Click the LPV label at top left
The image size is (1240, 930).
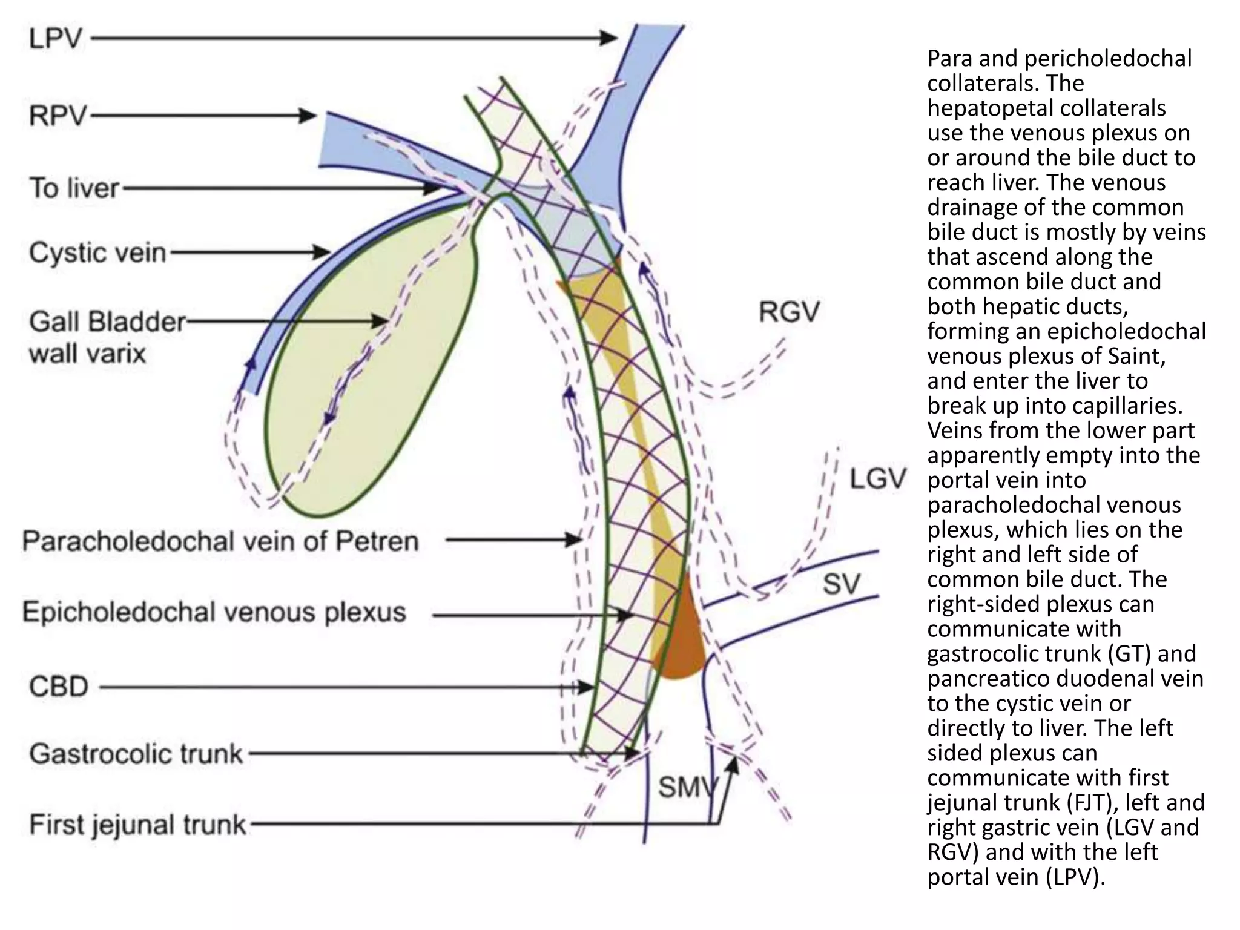coord(55,39)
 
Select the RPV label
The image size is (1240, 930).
coord(58,115)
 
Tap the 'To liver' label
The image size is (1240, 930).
coord(74,188)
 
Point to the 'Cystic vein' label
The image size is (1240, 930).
coord(97,252)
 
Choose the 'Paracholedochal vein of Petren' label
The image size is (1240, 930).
coord(220,541)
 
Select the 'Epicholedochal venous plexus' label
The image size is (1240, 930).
coord(214,612)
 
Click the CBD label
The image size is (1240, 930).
coord(59,687)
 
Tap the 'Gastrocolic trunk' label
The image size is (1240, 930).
coord(136,754)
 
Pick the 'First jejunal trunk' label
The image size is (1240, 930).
coord(137,825)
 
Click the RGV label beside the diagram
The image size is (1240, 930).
coord(789,312)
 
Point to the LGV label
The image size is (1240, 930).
coord(878,479)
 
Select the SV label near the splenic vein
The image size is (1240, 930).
coord(841,584)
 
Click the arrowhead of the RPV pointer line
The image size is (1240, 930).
coord(309,115)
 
